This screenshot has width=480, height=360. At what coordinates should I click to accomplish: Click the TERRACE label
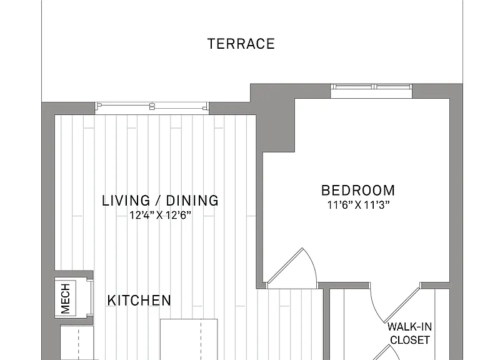(x=241, y=44)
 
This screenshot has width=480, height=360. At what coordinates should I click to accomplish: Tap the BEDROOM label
(x=358, y=191)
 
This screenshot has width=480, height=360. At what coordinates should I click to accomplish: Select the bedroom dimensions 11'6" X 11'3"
(x=358, y=205)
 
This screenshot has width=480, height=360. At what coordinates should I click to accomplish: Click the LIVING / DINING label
(x=160, y=201)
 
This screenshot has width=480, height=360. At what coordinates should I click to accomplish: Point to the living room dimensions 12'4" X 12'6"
(x=160, y=215)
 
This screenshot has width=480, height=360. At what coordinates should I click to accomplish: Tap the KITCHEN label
(x=139, y=300)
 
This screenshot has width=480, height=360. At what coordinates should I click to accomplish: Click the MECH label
(x=66, y=299)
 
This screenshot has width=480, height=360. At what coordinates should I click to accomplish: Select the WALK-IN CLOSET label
(x=409, y=333)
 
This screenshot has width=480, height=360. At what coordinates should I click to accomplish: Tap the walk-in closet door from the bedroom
(x=395, y=303)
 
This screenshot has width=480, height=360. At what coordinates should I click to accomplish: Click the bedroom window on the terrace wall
(x=371, y=87)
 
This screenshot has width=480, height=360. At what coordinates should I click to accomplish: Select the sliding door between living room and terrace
(x=152, y=106)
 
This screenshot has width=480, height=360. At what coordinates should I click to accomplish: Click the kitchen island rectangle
(x=189, y=339)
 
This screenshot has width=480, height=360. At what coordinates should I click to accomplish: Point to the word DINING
(x=192, y=201)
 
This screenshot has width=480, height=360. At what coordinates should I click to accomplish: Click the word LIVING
(x=126, y=201)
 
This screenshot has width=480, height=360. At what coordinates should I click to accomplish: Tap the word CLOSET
(x=410, y=340)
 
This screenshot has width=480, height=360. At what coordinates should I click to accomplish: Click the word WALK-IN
(x=409, y=327)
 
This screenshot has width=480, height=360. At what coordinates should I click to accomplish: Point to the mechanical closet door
(x=90, y=297)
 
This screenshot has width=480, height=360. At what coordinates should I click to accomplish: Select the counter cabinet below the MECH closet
(x=77, y=343)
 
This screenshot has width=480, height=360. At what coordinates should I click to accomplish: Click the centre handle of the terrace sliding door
(x=152, y=106)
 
